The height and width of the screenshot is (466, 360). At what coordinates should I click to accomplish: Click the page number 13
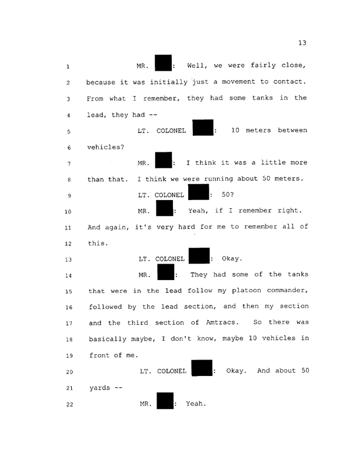(303, 42)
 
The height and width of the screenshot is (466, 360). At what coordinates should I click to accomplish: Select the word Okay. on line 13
(234, 275)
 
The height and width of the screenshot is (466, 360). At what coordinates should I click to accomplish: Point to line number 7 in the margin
(68, 163)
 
